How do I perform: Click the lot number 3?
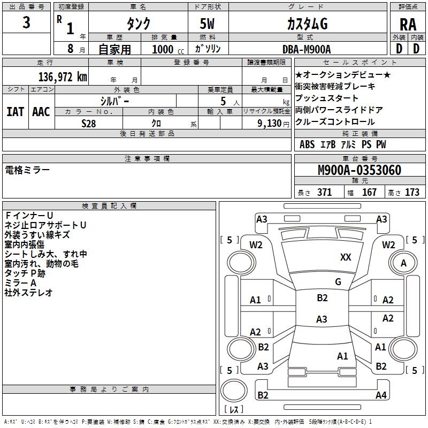tap(27, 23)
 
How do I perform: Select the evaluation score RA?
tap(408, 24)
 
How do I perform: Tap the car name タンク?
tap(138, 24)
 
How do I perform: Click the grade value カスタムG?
tap(307, 24)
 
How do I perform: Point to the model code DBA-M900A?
tap(307, 49)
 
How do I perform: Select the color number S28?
tap(89, 123)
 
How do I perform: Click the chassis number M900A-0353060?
tap(359, 171)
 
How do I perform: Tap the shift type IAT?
tap(15, 111)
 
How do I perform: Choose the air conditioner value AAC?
tap(41, 111)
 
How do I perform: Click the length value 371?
tap(324, 193)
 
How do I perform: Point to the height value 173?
tap(412, 193)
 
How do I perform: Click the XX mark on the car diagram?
tap(346, 257)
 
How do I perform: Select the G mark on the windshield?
tap(338, 282)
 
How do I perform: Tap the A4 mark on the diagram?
tap(381, 395)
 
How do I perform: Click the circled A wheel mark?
tap(403, 263)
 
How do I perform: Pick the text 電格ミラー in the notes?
tap(27, 170)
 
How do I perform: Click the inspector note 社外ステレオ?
tap(28, 293)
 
